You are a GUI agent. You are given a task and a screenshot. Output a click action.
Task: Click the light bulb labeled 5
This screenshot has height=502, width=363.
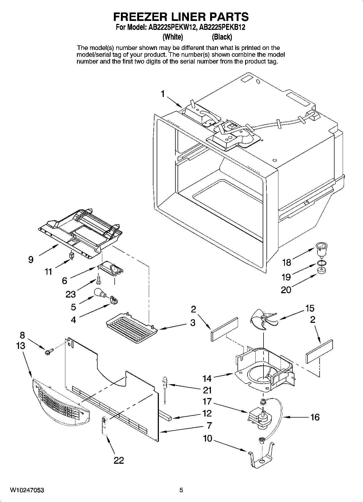point(100,293)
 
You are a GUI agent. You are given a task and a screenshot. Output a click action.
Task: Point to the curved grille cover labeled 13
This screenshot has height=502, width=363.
point(60,403)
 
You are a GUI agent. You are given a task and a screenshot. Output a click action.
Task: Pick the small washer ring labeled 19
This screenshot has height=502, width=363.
point(321,263)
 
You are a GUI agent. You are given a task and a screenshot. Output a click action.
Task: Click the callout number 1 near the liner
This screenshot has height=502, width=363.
point(163,94)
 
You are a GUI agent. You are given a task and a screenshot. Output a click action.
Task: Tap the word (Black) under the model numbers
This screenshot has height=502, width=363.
point(222,37)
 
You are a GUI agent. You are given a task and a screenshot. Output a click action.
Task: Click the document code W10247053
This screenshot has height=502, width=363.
point(27,490)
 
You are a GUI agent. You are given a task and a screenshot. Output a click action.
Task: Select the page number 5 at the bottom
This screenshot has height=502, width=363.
point(181,490)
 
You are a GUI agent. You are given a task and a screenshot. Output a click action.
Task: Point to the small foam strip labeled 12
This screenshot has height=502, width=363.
point(165,415)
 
